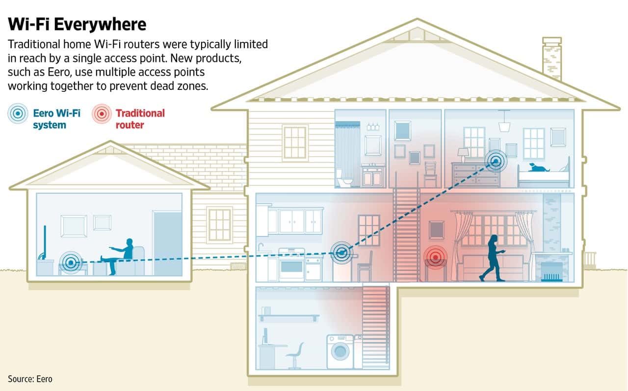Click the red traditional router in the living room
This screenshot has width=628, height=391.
(435, 257)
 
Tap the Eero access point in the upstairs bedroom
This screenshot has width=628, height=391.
(496, 161)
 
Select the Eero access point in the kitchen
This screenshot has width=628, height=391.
(341, 252)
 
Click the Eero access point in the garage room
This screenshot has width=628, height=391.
(71, 263)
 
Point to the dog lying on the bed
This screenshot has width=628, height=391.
(539, 168)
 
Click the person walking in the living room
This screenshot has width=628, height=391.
(493, 258)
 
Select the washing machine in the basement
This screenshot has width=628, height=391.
(340, 351)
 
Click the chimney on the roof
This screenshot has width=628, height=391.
(552, 59)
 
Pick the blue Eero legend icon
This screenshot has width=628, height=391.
(18, 113)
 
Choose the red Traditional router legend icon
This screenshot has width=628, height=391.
(102, 113)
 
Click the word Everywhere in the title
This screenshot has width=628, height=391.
(100, 24)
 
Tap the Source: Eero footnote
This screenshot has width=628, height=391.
(30, 379)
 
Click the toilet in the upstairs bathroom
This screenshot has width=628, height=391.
(344, 178)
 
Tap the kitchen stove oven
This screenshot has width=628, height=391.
(291, 264)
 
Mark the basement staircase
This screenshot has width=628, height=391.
(376, 328)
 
